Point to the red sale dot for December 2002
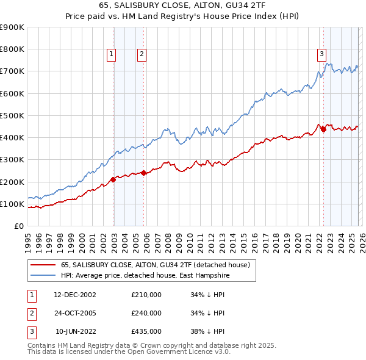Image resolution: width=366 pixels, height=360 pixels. tap(113, 179)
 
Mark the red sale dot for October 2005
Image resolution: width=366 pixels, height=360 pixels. tap(144, 173)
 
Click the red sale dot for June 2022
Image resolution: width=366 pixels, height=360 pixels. tap(323, 129)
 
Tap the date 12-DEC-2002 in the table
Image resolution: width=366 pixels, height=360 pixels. tap(75, 295)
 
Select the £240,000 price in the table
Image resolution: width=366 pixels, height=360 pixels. tap(146, 313)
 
